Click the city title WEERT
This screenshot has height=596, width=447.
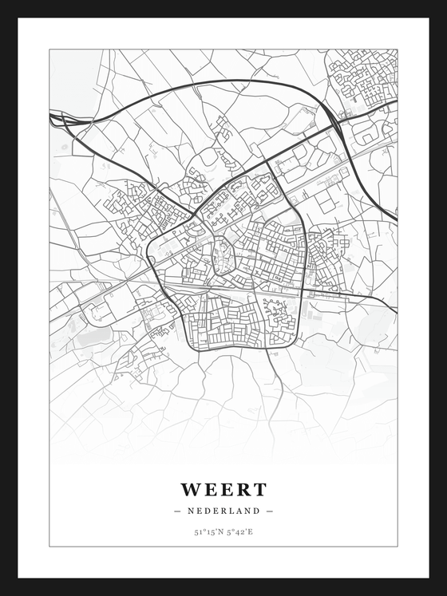223,489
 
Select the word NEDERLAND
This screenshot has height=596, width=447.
223,511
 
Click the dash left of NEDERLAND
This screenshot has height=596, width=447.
176,511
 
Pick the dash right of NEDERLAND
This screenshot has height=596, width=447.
270,511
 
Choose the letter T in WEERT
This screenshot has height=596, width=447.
258,489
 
